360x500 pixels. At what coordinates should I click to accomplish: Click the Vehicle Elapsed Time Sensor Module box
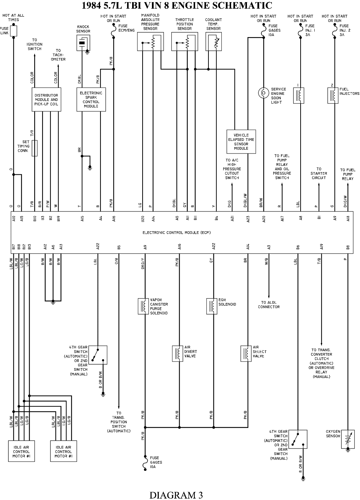click(x=241, y=142)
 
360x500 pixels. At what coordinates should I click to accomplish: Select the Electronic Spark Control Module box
click(x=91, y=99)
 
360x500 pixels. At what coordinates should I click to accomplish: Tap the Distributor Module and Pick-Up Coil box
click(x=46, y=99)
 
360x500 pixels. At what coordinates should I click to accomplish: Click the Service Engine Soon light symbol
click(x=264, y=93)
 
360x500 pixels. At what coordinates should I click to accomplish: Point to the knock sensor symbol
click(x=83, y=43)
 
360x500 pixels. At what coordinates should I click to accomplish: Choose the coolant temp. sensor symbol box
click(x=214, y=41)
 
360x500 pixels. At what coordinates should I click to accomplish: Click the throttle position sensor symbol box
click(x=185, y=41)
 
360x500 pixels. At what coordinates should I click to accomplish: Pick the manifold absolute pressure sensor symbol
click(x=150, y=41)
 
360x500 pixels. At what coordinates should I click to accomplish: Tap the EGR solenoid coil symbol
click(x=212, y=306)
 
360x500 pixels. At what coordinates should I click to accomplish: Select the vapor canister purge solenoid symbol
click(x=143, y=306)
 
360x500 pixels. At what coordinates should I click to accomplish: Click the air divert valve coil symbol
click(x=177, y=354)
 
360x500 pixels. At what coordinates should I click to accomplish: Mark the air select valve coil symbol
click(x=246, y=354)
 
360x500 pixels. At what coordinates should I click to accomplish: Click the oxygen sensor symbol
click(x=348, y=439)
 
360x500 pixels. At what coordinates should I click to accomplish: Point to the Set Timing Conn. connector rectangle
click(x=35, y=148)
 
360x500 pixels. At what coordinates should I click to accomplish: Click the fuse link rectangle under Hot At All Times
click(x=14, y=31)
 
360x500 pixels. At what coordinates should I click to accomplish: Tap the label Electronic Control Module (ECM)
click(x=177, y=233)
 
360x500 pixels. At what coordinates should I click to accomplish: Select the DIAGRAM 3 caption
click(x=176, y=495)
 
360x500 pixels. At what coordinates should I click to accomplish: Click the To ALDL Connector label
click(x=269, y=305)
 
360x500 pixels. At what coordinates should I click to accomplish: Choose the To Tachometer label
click(x=58, y=55)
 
